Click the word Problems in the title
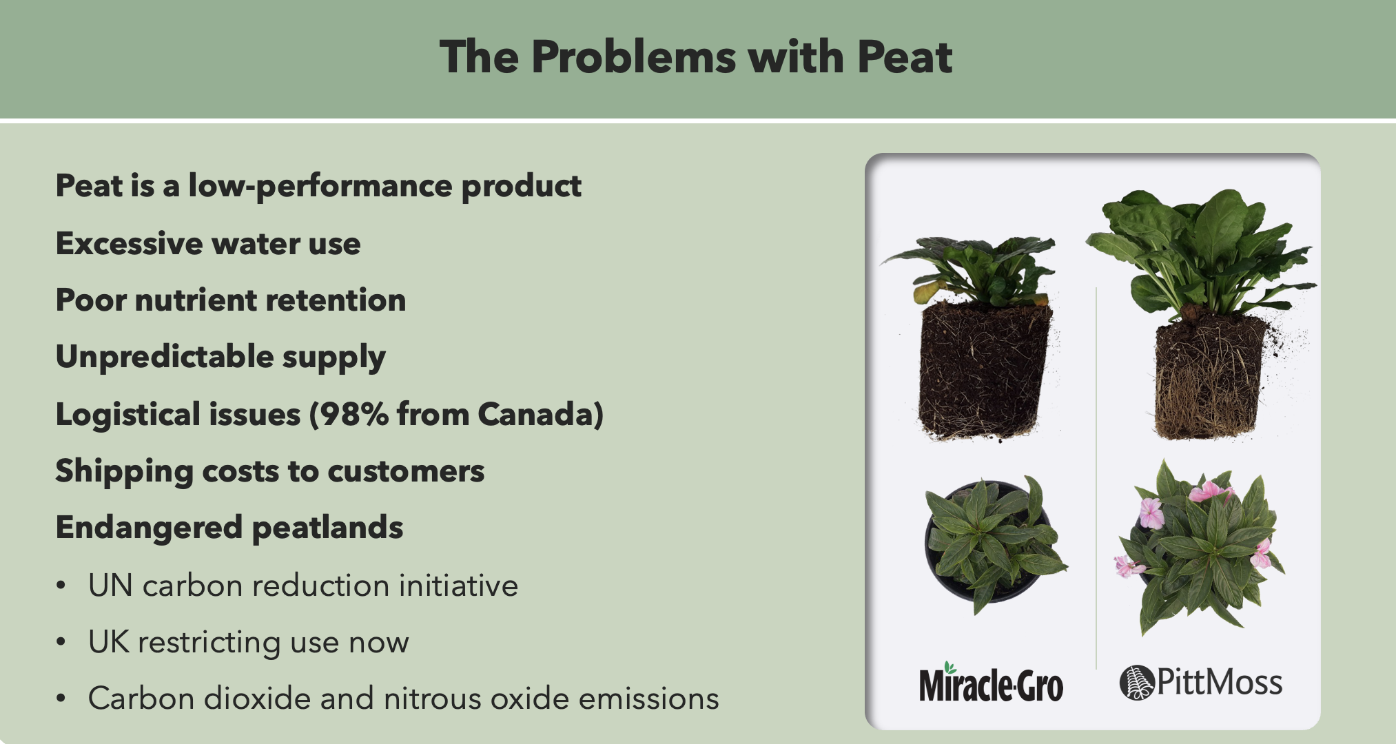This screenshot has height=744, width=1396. [634, 56]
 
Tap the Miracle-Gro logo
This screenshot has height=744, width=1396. [991, 683]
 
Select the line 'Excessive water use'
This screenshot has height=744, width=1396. [208, 244]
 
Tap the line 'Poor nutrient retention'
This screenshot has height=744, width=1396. [231, 300]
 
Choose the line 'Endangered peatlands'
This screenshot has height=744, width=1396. [229, 528]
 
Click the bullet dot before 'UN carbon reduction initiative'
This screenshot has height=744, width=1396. [61, 586]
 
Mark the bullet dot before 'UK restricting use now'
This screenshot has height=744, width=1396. [61, 642]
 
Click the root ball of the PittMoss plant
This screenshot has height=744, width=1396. [1210, 376]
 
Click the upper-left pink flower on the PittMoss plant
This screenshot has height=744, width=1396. [1151, 513]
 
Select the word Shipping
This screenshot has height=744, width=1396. [124, 472]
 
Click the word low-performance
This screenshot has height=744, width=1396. [320, 187]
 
